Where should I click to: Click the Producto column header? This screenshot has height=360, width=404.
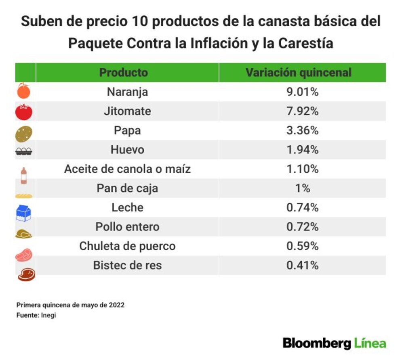click(x=123, y=73)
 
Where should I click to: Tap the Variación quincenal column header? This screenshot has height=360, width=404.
click(x=299, y=73)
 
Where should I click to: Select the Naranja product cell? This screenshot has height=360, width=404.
click(x=127, y=92)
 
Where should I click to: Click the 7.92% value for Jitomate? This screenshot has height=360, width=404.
click(x=303, y=111)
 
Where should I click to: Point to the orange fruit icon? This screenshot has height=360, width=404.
click(x=23, y=91)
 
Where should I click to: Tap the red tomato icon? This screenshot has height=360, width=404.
click(x=24, y=112)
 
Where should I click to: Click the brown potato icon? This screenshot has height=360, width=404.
click(x=24, y=134)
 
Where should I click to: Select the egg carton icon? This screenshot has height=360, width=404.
click(x=24, y=151)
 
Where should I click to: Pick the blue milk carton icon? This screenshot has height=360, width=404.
click(x=23, y=213)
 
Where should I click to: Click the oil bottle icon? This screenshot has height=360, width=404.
click(x=24, y=176)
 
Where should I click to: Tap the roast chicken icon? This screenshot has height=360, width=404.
click(x=24, y=234)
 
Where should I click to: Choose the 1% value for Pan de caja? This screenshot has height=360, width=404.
click(x=303, y=188)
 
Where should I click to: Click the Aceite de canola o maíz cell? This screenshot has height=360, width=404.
click(x=127, y=169)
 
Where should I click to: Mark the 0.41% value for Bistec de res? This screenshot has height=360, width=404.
click(x=303, y=265)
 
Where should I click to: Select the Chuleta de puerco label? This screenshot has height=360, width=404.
click(x=127, y=246)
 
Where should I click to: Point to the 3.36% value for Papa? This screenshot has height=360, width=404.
click(x=303, y=130)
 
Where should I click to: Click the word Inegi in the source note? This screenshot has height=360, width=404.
click(x=48, y=316)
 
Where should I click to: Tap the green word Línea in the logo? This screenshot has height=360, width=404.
click(x=370, y=343)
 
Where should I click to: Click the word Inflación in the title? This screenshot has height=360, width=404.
click(x=219, y=43)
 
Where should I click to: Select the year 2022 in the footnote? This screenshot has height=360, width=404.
click(x=117, y=305)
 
